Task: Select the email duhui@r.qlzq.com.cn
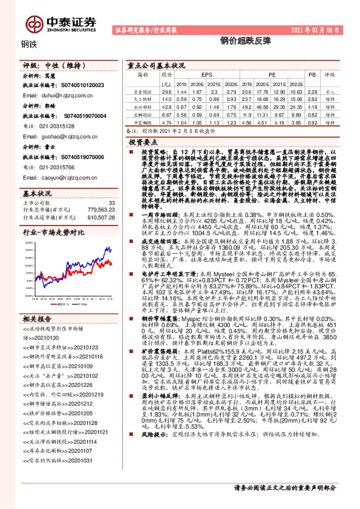57,95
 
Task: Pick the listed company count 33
111,203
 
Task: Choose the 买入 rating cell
331,91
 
